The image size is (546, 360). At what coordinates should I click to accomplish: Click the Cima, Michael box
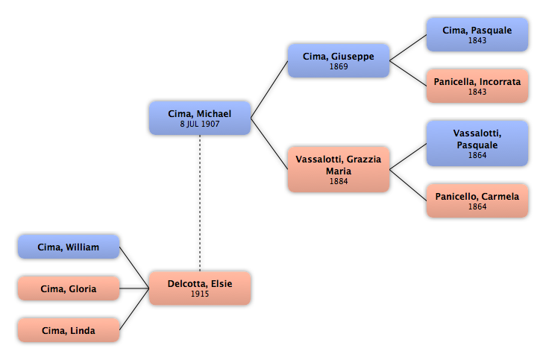(200, 119)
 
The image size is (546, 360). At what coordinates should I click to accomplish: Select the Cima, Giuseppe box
(339, 60)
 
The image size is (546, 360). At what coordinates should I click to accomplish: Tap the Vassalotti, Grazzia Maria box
(339, 169)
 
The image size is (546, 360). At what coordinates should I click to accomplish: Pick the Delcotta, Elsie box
(200, 288)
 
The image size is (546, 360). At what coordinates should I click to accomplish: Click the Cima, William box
(69, 247)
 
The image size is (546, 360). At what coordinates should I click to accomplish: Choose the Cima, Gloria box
(69, 288)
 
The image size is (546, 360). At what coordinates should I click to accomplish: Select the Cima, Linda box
(69, 330)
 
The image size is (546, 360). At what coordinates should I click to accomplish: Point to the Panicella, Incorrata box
(477, 86)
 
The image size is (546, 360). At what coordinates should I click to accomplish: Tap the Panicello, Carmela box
(477, 200)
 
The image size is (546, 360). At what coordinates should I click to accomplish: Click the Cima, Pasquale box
(477, 35)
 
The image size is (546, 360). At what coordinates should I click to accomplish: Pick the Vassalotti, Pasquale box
(477, 143)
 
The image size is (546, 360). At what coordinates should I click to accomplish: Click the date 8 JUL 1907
(200, 124)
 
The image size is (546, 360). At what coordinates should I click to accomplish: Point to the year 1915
(200, 294)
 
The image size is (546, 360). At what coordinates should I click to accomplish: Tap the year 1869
(339, 66)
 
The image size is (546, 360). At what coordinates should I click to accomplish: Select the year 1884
(339, 181)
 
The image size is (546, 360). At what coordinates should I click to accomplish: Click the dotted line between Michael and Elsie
(200, 203)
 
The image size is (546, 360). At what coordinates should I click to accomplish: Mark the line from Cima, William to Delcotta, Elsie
(134, 268)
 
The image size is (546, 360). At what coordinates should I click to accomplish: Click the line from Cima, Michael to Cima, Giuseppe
(269, 89)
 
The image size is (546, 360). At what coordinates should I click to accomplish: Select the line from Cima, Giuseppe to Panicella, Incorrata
(408, 73)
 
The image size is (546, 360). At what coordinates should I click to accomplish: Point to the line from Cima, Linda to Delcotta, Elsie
(134, 309)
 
